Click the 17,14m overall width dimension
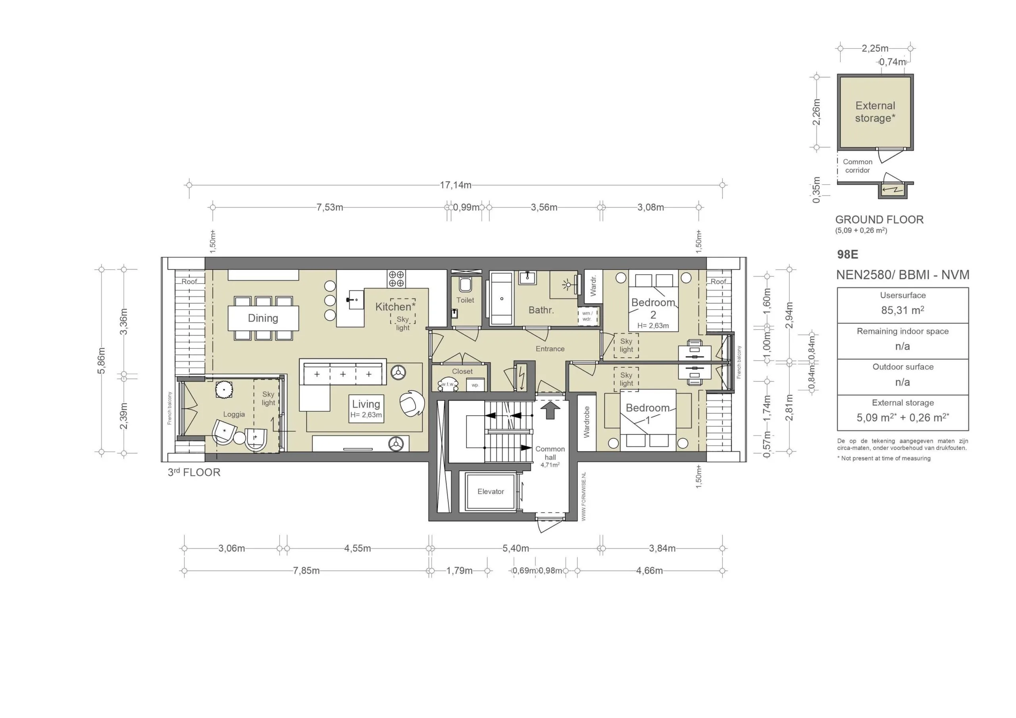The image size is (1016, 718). [x=455, y=185]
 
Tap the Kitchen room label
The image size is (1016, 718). [x=395, y=307]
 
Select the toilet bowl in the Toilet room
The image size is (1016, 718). [x=465, y=284]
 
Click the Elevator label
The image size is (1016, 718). [x=490, y=491]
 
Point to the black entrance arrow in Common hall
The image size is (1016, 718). [x=550, y=410]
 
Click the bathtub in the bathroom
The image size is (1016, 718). [x=501, y=299]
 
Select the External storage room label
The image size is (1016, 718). [x=875, y=112]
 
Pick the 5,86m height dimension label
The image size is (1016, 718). [x=101, y=361]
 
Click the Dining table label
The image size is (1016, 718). [x=263, y=318]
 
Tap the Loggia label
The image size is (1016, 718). [x=234, y=415]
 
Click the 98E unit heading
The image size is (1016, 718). [x=847, y=254]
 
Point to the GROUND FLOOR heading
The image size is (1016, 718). [x=879, y=219]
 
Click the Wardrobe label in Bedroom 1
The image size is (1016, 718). [x=586, y=422]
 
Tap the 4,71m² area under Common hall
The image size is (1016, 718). [x=550, y=465]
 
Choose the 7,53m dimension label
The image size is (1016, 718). [x=330, y=207]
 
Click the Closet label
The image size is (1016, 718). [x=462, y=371]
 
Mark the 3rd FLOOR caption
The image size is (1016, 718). [x=194, y=472]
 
